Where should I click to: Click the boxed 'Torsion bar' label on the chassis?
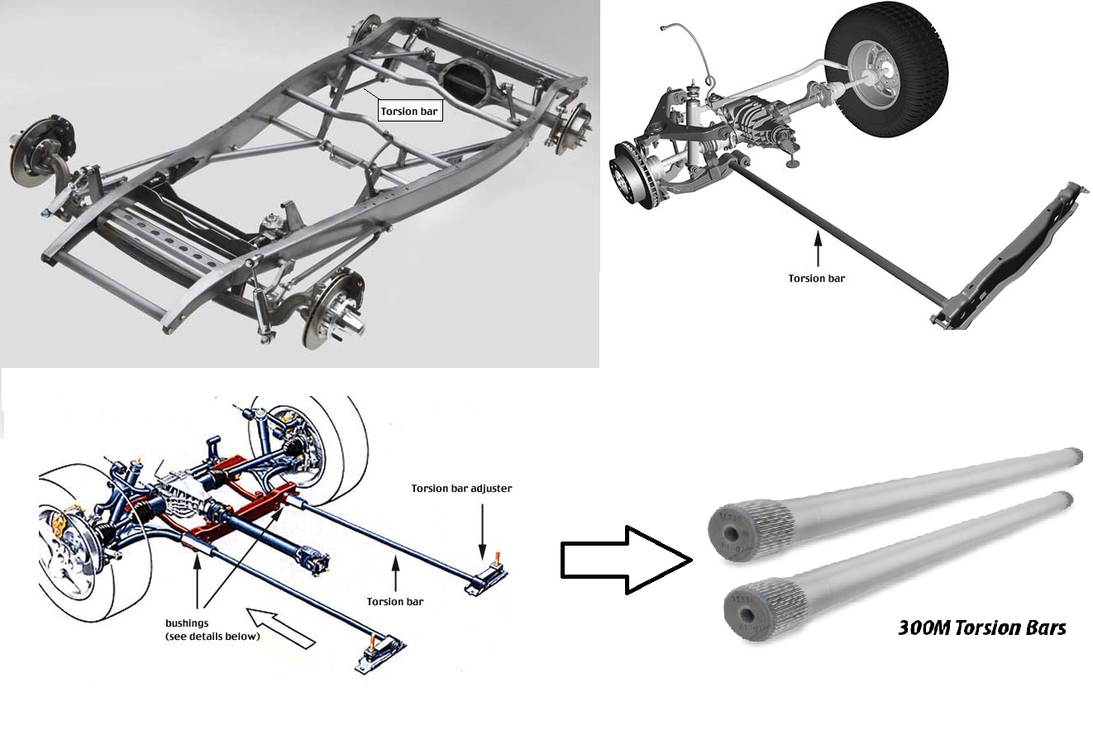[x=409, y=111]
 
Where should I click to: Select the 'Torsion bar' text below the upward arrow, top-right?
[x=816, y=279]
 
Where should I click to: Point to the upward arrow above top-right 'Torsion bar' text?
[x=817, y=249]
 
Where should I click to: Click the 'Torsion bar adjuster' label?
[x=461, y=489]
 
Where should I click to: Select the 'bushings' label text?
[x=188, y=623]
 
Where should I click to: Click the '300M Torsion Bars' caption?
[x=981, y=628]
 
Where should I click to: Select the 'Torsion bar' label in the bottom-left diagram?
[x=394, y=602]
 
